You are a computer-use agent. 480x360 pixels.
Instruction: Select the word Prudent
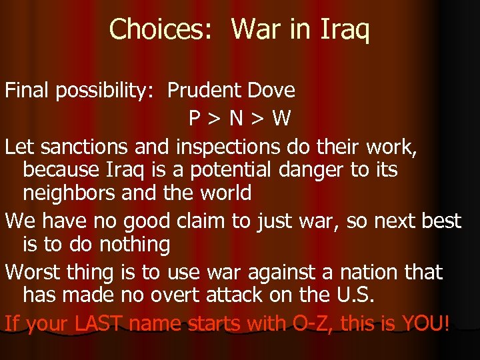point(204,90)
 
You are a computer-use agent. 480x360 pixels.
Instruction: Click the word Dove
point(270,90)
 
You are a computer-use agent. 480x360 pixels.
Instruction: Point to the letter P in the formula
point(195,119)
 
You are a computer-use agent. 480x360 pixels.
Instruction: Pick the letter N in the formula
point(236,119)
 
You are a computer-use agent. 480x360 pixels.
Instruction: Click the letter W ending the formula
point(281,119)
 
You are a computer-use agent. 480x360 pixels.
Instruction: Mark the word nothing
point(135,245)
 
